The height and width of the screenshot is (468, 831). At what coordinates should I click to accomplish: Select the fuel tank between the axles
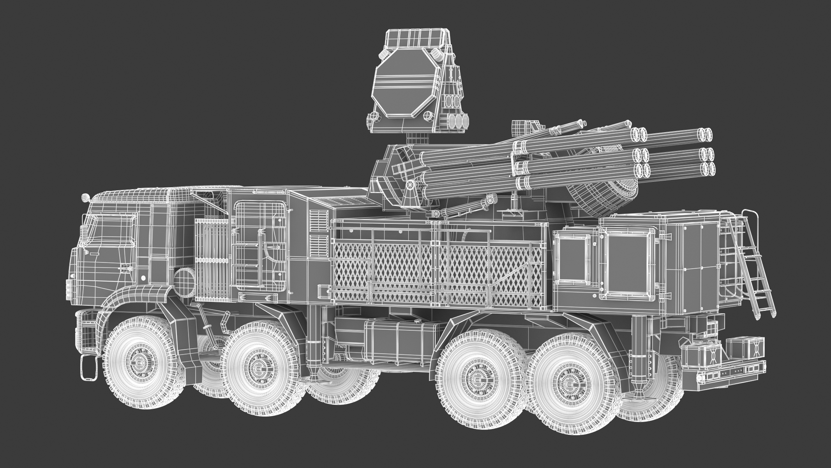[393, 320]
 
